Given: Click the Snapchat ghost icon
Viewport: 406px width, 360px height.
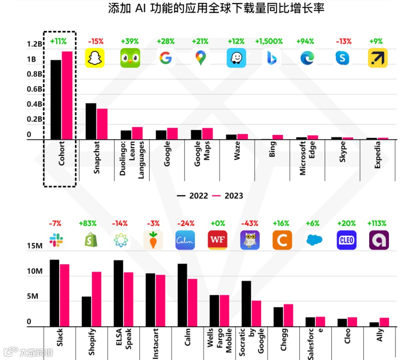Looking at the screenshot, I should tap(95, 58).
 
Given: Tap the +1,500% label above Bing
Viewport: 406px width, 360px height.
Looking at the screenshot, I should tap(269, 42).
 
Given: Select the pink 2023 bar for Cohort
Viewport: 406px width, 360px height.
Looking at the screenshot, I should tap(67, 95).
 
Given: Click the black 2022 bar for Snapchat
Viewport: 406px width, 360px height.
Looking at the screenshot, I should tap(91, 121).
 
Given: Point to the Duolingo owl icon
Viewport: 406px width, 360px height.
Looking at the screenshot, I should tap(130, 58).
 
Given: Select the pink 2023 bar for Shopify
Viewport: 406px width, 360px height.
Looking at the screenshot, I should tap(97, 299).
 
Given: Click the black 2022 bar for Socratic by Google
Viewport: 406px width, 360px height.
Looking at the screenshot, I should tap(246, 303).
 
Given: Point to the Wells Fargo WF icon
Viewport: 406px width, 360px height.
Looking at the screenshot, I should tap(217, 240).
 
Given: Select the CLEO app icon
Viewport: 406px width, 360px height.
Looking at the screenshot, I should tap(347, 240).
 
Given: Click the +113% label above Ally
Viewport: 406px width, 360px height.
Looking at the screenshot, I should tap(377, 223).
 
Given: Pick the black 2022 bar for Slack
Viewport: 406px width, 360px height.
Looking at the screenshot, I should tap(54, 293).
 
